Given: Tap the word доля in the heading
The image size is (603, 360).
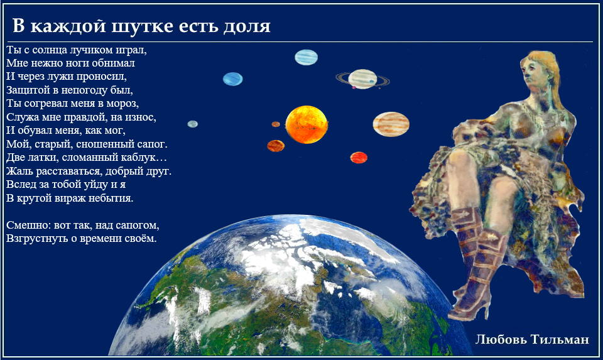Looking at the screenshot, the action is [247, 27].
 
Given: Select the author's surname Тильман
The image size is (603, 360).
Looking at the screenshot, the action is [560, 339].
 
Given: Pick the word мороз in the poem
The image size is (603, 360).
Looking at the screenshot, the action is [122, 104].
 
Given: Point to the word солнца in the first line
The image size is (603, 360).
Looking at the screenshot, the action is [48, 50].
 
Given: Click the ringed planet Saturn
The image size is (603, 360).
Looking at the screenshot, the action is [362, 79].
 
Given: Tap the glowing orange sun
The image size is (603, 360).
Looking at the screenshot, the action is [307, 124].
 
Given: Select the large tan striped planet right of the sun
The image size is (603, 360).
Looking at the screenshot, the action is [391, 124].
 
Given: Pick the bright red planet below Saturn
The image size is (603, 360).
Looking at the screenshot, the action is [359, 158].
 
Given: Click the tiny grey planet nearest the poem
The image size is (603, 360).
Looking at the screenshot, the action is [193, 124].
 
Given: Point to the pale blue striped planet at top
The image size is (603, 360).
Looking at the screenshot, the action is [306, 58].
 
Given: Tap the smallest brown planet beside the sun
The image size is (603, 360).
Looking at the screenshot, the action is [276, 124].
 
